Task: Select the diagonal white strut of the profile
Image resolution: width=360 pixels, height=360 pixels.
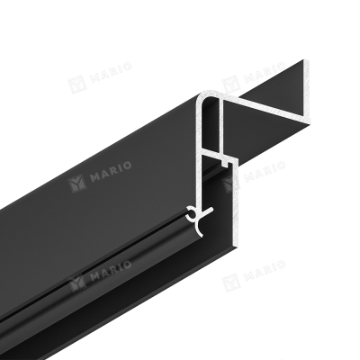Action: point(267,111)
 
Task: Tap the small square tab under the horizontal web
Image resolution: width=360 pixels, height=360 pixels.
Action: point(223,163)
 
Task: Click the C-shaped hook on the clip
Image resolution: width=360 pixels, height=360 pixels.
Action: point(190,214)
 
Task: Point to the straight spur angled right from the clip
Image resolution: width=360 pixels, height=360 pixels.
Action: point(208,211)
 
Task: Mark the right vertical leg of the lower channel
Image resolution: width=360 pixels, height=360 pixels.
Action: point(236,199)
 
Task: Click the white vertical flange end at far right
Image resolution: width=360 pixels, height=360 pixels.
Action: point(307,92)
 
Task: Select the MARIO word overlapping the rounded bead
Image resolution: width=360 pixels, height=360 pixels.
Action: point(111,273)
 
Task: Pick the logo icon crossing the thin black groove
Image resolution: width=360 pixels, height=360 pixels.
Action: point(76,283)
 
